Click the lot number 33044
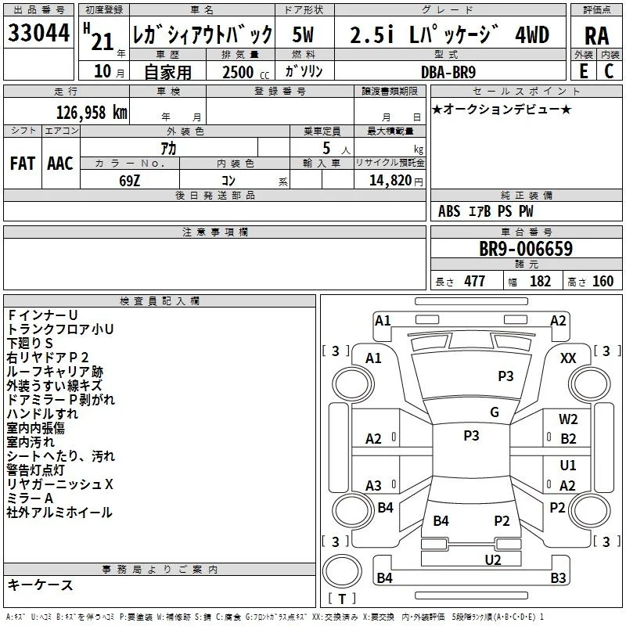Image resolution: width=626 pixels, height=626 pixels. coord(38,32)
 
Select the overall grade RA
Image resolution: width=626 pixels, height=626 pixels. coord(596,36)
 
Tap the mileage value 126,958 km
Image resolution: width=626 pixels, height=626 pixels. coord(92,113)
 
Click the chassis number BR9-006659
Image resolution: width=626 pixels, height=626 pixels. coord(526,248)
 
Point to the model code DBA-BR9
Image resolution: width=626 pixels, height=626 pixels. coord(448,72)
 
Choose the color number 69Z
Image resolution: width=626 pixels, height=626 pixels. coord(129,181)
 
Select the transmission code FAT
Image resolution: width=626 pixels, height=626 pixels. coord(23,164)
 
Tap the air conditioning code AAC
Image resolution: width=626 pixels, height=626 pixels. coord(60,164)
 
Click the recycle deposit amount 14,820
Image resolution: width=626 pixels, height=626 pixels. coord(390,181)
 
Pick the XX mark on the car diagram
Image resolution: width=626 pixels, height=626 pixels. coord(568,358)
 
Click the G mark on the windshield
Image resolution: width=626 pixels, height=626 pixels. coord(495,412)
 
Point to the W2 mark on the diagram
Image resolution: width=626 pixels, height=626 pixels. coord(568,419)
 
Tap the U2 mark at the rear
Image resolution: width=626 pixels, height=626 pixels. coord(493,560)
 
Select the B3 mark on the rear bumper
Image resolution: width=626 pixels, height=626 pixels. coord(558,577)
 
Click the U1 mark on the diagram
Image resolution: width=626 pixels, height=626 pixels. coord(568,465)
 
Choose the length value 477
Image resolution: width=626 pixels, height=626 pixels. coord(474,281)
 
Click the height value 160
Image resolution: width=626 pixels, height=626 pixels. coord(603,281)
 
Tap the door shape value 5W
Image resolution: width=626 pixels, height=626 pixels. coord(303,34)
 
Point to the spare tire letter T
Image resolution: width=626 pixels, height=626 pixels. coord(342,599)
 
